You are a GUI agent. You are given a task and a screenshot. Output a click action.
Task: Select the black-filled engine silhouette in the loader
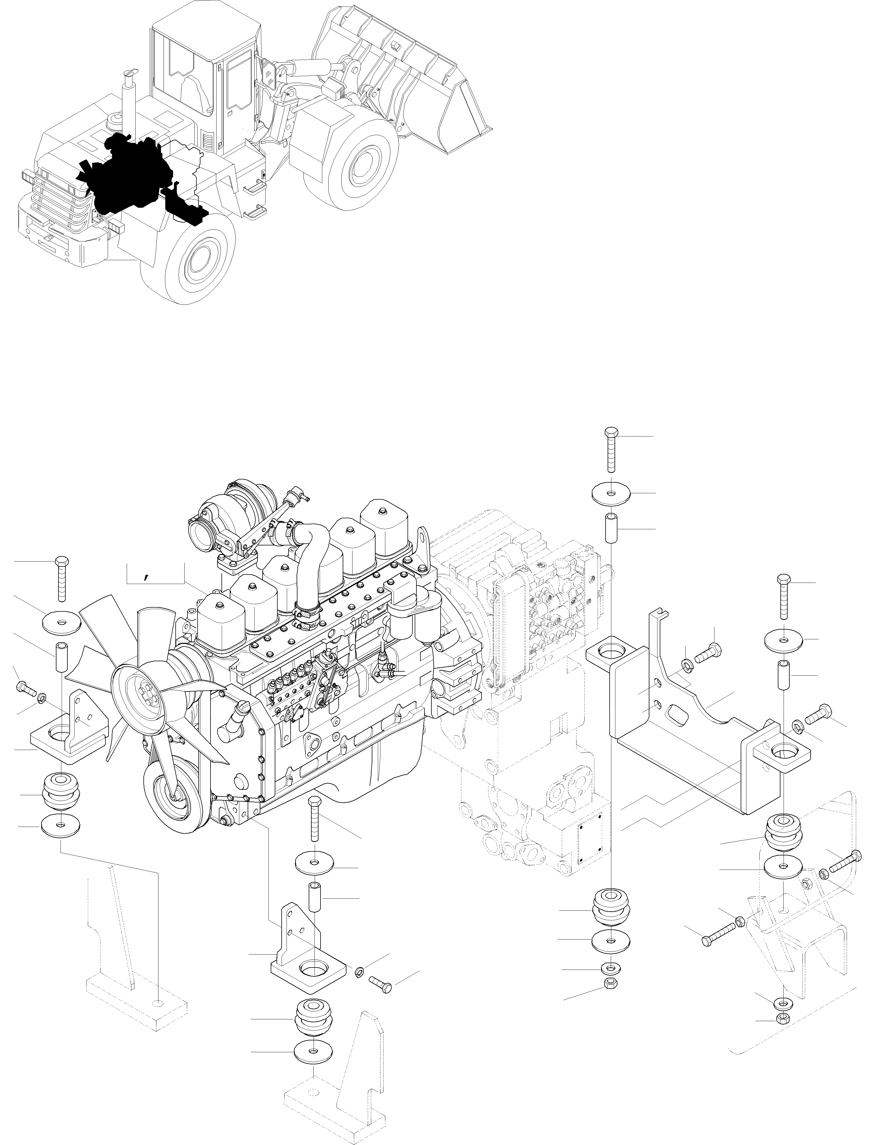pyautogui.click(x=125, y=174)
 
